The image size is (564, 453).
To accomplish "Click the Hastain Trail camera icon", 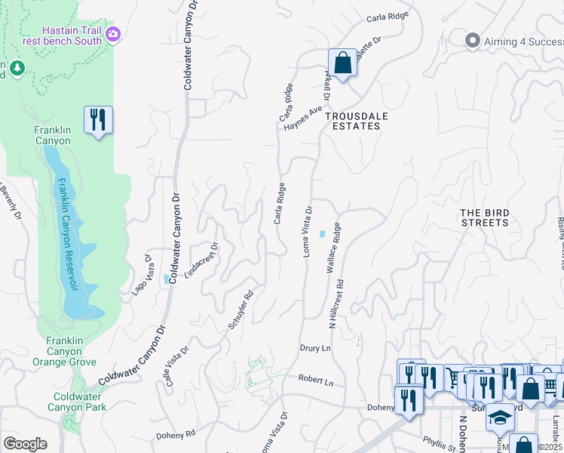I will pos(113,33).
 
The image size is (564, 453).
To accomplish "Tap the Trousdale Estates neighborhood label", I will pos(352,121).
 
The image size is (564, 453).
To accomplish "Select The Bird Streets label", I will pos(485,217).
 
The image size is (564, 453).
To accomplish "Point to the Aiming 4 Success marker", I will pos(473,40).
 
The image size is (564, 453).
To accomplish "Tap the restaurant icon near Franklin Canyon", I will pos(99,119).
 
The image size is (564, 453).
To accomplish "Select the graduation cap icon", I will pos(498,417).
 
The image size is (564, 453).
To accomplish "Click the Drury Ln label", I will pos(315,349).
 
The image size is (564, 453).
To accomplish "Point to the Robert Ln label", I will pos(315,380).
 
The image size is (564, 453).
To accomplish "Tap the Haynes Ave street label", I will pos(303,119).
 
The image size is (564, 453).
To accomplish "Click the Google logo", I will pos(25,443).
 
